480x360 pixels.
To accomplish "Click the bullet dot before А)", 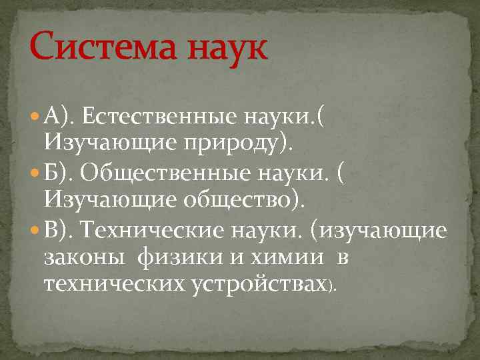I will pos(35,119).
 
